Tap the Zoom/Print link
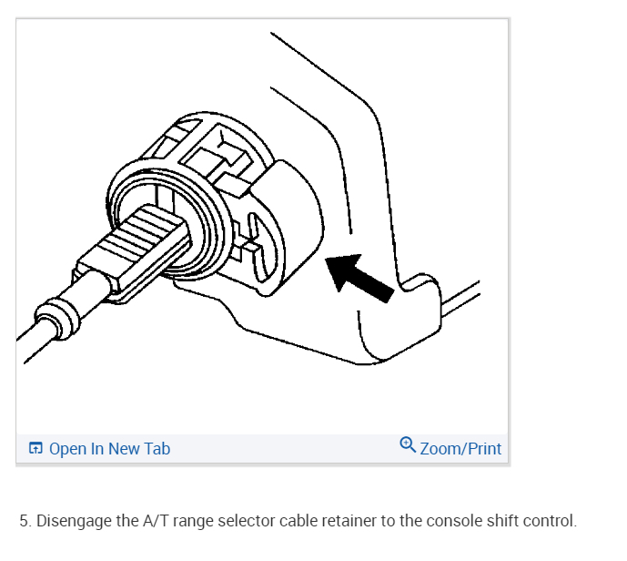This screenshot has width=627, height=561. [x=460, y=449]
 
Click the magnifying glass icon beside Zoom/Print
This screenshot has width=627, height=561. [x=408, y=445]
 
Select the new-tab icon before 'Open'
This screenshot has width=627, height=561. [x=35, y=449]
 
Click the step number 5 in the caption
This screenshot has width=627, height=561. [x=25, y=522]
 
